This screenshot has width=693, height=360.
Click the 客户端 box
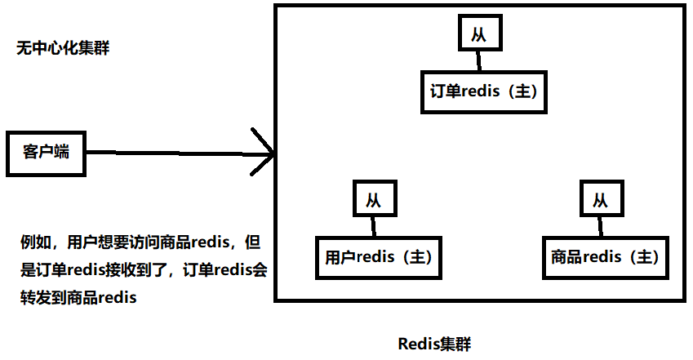pyautogui.click(x=46, y=153)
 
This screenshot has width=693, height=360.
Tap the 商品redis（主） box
pyautogui.click(x=604, y=258)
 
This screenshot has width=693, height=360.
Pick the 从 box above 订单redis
pyautogui.click(x=480, y=35)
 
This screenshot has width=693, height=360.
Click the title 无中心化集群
pyautogui.click(x=63, y=48)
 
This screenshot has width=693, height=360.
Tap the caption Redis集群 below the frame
pyautogui.click(x=434, y=343)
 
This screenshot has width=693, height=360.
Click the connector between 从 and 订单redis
pyautogui.click(x=480, y=61)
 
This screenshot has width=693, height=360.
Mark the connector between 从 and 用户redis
pyautogui.click(x=375, y=227)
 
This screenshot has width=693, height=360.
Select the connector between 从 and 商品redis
pyautogui.click(x=601, y=227)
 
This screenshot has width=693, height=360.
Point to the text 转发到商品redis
pyautogui.click(x=78, y=297)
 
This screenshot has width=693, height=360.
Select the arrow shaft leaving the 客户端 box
pyautogui.click(x=163, y=153)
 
